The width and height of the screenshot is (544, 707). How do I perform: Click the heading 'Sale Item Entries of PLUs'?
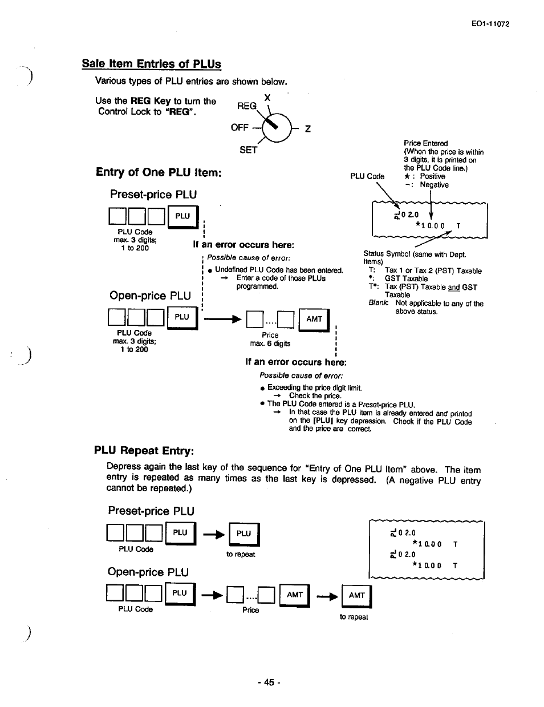click(151, 64)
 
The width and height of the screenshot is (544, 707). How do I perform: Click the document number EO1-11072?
click(490, 24)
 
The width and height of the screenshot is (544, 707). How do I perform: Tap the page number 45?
click(269, 682)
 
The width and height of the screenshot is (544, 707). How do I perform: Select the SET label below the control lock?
click(248, 150)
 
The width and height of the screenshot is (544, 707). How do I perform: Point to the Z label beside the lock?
click(307, 129)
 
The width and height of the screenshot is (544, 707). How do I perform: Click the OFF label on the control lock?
click(239, 127)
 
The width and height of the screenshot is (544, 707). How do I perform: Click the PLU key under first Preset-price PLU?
click(182, 216)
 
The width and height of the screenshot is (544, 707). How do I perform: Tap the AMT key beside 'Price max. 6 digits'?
click(314, 320)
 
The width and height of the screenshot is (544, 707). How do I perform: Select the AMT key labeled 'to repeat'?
click(356, 596)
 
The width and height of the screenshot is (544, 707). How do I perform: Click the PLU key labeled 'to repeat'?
click(243, 534)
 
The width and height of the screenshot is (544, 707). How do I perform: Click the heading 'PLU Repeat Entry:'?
click(144, 451)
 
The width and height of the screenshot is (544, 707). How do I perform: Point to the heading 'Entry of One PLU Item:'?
click(159, 172)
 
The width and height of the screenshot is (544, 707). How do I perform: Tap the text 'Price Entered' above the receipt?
click(425, 143)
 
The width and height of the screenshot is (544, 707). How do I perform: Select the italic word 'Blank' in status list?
click(378, 304)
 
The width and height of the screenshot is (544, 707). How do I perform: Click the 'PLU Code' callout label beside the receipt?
click(367, 176)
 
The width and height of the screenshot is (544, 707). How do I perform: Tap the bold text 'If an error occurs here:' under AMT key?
click(295, 362)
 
